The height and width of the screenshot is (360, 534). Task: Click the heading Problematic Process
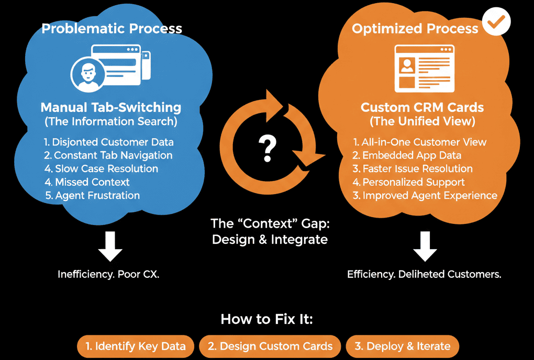[112, 28]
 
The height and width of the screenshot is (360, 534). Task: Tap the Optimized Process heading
[415, 28]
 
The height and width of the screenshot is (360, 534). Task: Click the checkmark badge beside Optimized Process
[496, 21]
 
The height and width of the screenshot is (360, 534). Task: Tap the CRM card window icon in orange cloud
[424, 67]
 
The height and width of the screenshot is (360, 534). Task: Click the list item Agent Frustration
[92, 196]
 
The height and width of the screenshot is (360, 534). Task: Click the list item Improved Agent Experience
[425, 196]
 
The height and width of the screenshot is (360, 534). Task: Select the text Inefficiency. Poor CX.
[108, 274]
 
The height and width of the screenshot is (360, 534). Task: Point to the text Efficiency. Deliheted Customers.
[424, 274]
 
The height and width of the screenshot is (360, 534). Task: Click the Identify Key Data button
[136, 346]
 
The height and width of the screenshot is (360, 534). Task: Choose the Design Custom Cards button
[270, 346]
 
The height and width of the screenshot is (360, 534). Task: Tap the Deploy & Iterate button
[402, 346]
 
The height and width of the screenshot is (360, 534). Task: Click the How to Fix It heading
[266, 319]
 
